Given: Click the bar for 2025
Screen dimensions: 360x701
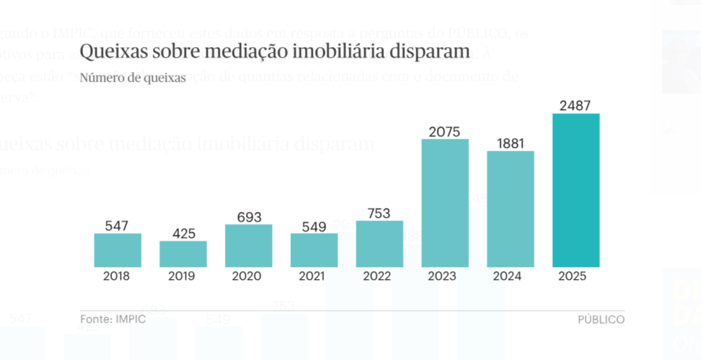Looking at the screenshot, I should coord(576,190).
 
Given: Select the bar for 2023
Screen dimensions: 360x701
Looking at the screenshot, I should coord(445,203).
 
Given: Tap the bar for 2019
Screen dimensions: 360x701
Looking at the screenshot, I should coord(183,254).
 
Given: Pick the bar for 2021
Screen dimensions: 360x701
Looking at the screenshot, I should coord(314,250).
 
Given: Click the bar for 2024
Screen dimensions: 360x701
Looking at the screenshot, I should coord(510,209).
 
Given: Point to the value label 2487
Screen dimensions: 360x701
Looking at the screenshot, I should coord(576,105).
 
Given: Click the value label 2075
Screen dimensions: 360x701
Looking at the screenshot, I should coord(445,130).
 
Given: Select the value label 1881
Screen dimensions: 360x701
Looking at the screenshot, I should coord(510,142).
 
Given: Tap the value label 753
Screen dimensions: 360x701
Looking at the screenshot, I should coord(379,213).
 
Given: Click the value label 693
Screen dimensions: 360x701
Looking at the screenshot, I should coord(249,216).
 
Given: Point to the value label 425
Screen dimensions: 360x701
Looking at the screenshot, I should coord(183,233).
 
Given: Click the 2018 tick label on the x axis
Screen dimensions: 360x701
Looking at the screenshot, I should coord(117,276).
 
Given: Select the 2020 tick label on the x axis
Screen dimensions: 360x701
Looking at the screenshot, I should coord(249,276).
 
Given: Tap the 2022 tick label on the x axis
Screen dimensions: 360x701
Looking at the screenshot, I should coord(379,276).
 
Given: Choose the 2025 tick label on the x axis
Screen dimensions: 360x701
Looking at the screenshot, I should coord(576,276).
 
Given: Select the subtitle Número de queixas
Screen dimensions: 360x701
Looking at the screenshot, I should coord(132,77).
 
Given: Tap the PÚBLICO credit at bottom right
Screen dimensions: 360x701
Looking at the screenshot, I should coord(601,319).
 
